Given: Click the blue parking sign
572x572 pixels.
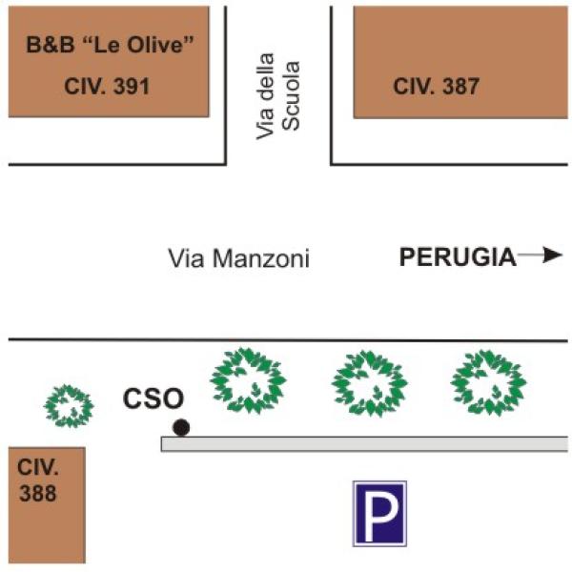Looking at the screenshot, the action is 379,513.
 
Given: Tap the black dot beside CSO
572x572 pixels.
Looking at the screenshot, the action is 180,427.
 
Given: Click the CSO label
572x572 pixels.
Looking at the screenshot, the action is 153,398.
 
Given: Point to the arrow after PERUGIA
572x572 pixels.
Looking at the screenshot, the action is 541,255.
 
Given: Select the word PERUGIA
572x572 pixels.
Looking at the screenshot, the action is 457,255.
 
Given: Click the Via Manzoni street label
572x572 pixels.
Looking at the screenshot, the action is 238,257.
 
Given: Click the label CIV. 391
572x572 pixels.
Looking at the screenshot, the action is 108,87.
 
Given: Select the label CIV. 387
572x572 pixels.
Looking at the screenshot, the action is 436,87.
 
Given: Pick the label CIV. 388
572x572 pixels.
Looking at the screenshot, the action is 37,480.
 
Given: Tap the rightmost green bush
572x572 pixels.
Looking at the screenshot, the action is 488,381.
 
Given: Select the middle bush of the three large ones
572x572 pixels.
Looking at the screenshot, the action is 369,382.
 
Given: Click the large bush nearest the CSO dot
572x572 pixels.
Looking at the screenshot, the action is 248,378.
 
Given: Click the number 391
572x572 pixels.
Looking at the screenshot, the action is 132,87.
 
